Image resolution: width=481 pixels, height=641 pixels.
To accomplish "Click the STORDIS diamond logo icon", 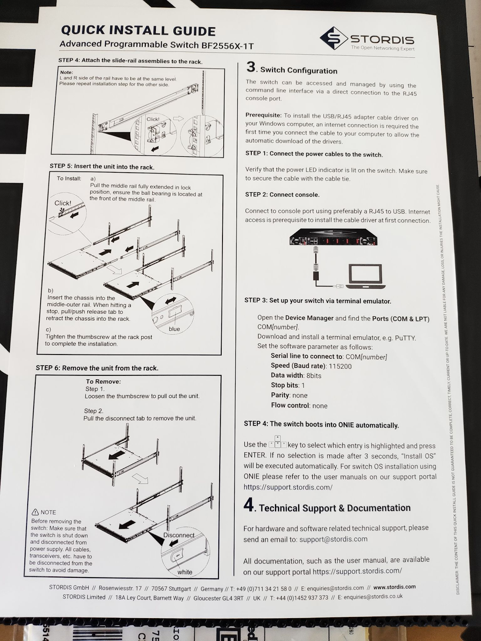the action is click(333, 38).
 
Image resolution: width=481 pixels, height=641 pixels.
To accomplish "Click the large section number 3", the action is click(251, 67).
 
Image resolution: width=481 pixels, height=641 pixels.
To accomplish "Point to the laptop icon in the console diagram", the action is click(365, 276).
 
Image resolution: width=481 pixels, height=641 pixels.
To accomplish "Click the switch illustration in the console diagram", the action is click(333, 238).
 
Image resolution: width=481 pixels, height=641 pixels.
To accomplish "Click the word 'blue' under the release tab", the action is click(174, 329).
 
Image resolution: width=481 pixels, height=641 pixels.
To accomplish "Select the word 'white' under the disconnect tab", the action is click(185, 572).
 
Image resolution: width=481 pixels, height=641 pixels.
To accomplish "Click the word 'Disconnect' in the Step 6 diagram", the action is click(179, 535).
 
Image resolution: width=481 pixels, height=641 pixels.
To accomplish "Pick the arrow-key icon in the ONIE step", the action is click(278, 442).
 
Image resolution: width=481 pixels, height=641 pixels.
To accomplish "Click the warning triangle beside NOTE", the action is click(35, 512).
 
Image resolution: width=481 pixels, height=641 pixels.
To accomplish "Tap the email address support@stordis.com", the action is click(333, 539).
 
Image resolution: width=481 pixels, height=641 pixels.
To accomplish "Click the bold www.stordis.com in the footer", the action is click(394, 587).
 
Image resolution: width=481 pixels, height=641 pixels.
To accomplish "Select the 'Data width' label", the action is click(287, 375).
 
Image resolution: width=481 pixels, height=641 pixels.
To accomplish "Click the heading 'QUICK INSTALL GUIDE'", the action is click(138, 30).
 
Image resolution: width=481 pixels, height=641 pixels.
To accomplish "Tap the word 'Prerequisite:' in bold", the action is click(263, 115).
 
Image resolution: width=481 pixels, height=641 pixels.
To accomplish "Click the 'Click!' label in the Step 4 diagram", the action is click(153, 119).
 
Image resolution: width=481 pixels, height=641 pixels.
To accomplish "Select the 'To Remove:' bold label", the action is click(103, 381).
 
